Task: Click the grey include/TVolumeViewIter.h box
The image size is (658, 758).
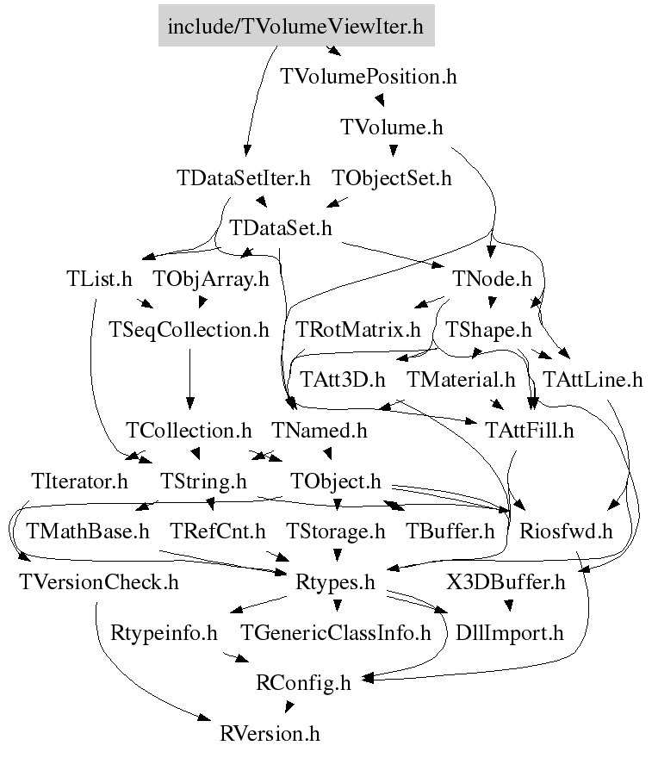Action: pyautogui.click(x=296, y=26)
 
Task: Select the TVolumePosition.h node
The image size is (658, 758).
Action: pyautogui.click(x=369, y=77)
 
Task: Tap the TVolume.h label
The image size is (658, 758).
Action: pyautogui.click(x=392, y=127)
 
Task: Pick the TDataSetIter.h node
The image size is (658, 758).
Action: pyautogui.click(x=244, y=179)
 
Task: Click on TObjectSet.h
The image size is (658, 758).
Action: pyautogui.click(x=392, y=179)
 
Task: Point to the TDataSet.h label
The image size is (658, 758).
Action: pyautogui.click(x=281, y=228)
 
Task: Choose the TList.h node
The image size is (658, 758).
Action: pyautogui.click(x=99, y=279)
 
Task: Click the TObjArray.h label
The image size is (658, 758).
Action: pyautogui.click(x=211, y=279)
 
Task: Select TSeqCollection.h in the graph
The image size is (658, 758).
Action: pyautogui.click(x=189, y=329)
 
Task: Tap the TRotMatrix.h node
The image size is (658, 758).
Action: pyautogui.click(x=358, y=329)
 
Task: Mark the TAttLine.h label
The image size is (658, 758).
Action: pyautogui.click(x=593, y=379)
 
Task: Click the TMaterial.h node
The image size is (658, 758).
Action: pyautogui.click(x=461, y=379)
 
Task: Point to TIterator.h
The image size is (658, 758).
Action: pyautogui.click(x=79, y=480)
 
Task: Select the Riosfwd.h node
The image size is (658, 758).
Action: pyautogui.click(x=566, y=531)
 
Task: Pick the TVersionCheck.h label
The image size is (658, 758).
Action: pyautogui.click(x=98, y=582)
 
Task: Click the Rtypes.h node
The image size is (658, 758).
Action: pyautogui.click(x=336, y=582)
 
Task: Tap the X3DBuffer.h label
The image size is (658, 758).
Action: pyautogui.click(x=506, y=582)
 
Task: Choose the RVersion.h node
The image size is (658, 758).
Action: pyautogui.click(x=270, y=734)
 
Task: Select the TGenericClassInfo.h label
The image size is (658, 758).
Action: pyautogui.click(x=336, y=634)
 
